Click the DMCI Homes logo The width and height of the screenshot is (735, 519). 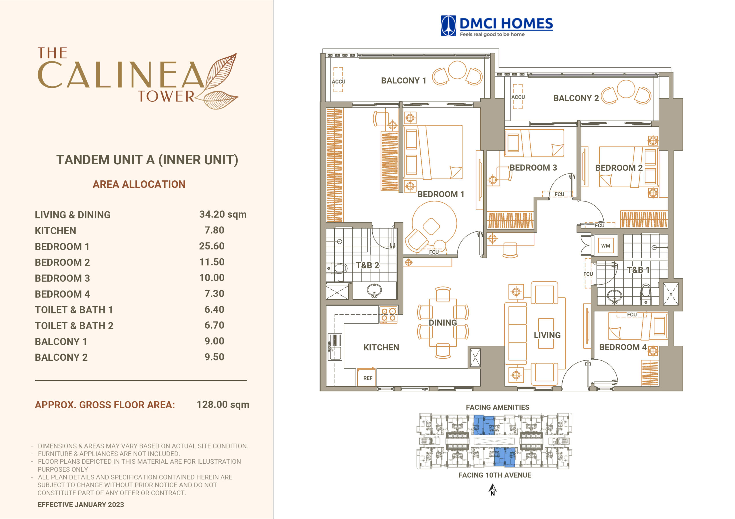(x=496, y=26)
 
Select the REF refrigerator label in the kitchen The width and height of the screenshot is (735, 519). (x=367, y=378)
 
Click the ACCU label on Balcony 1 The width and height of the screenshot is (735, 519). (x=339, y=81)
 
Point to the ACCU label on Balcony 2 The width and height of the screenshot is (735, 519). (x=518, y=97)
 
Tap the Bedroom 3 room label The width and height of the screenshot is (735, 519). (x=533, y=167)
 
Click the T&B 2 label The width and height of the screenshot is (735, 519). (x=367, y=265)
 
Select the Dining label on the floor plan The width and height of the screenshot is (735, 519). (x=443, y=323)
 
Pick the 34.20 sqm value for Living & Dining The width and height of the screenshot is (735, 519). (x=223, y=214)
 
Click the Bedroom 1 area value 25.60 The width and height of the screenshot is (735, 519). (x=212, y=246)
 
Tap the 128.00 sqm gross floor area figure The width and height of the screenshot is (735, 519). (x=223, y=405)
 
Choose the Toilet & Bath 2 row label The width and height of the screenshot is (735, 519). (x=74, y=325)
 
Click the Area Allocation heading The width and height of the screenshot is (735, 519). (x=139, y=184)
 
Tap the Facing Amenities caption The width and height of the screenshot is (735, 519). (x=498, y=407)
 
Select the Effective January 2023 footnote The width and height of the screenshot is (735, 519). (x=81, y=504)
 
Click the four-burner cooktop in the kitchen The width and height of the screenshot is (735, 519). (x=388, y=315)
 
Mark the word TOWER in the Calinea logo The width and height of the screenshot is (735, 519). (x=166, y=96)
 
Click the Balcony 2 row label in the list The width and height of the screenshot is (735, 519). (x=61, y=357)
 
